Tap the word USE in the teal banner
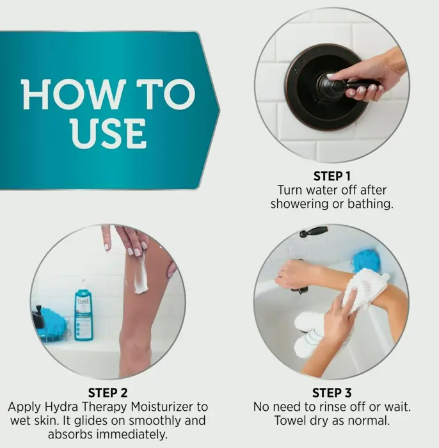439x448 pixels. (109, 134)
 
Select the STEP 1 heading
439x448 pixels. (331, 176)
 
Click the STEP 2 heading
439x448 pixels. (108, 392)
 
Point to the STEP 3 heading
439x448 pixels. (331, 392)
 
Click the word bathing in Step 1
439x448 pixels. (370, 204)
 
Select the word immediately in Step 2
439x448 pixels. (132, 435)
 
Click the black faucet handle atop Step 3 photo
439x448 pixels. (314, 232)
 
